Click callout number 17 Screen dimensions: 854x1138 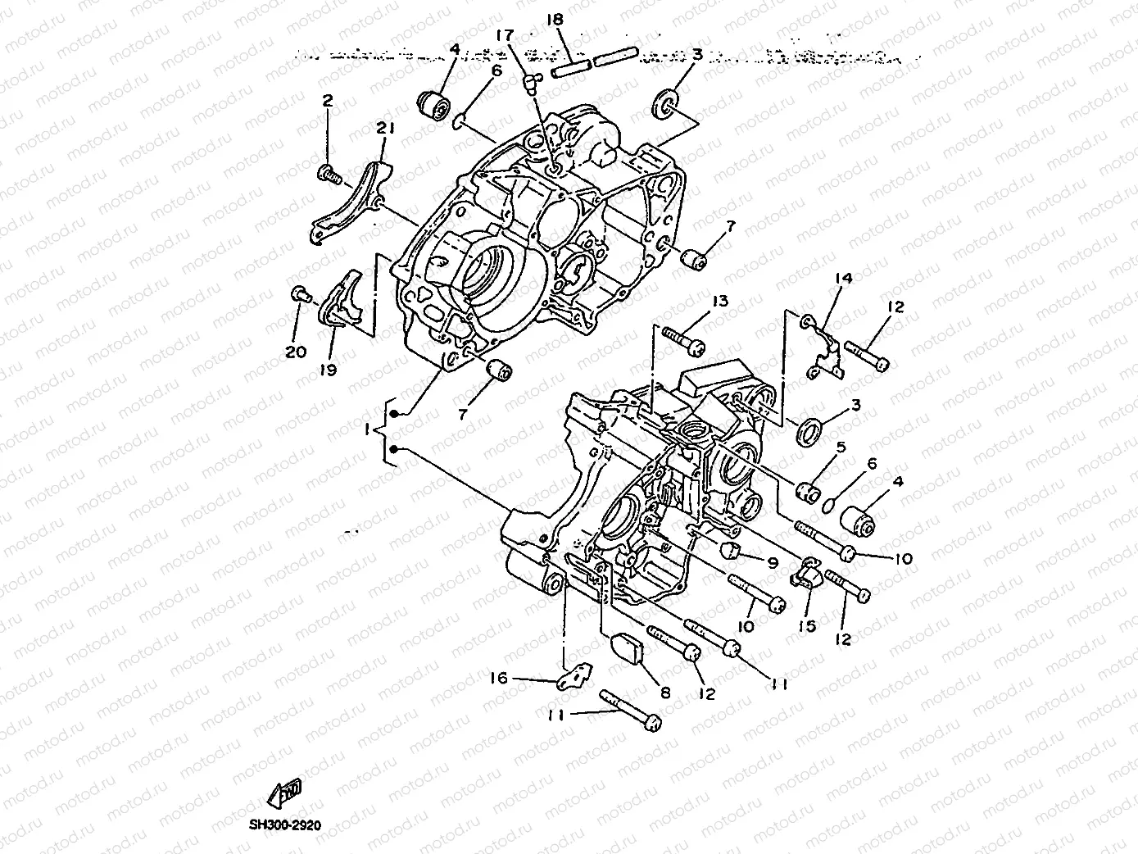504,35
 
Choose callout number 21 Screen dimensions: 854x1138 385,128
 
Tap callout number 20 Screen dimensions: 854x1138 296,352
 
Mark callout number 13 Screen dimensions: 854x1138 719,302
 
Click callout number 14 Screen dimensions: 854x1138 843,279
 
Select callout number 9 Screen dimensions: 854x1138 772,562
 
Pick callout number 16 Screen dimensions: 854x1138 499,678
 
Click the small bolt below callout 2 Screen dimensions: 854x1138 328,173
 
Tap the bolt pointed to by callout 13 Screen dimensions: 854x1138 683,340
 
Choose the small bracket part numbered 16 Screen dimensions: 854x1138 574,677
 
